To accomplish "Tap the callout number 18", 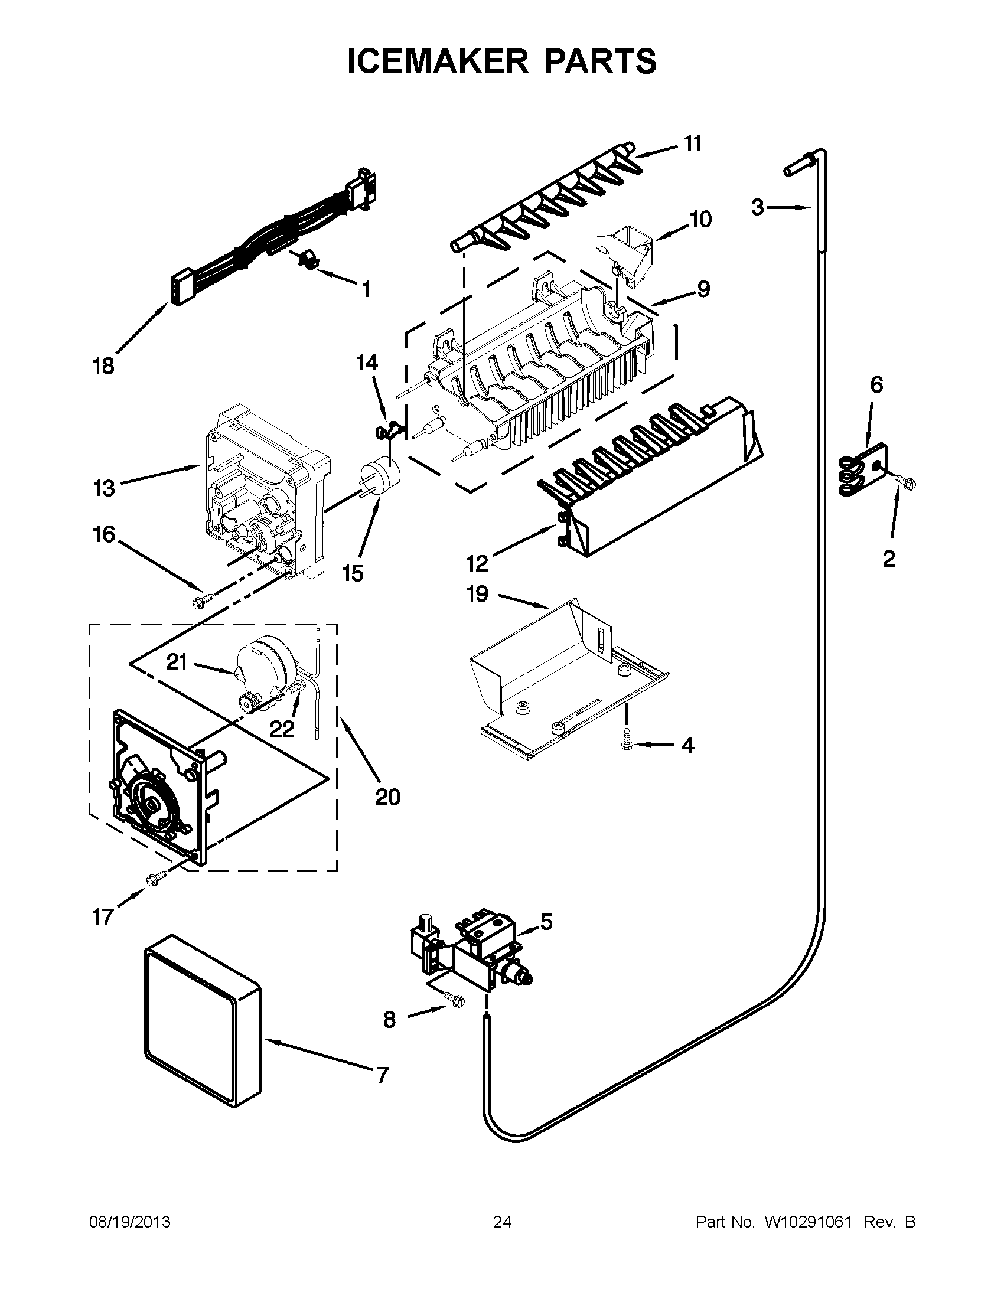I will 103,366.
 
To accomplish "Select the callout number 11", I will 692,144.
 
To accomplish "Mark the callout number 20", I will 387,797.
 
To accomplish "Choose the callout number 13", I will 103,488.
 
